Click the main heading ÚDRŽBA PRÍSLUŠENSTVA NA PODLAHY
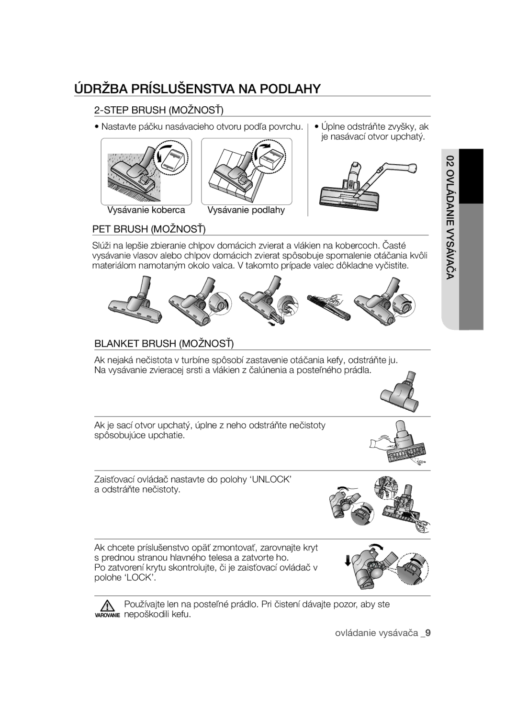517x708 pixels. tap(198, 89)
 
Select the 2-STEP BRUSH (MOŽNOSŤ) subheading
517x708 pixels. tap(158, 110)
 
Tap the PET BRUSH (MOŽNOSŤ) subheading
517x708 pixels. tap(149, 229)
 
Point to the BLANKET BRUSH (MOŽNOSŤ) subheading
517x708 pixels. tap(164, 343)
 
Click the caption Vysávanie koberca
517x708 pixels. tap(146, 210)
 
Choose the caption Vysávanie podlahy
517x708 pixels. tap(246, 210)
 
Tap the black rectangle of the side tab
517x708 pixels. tap(471, 176)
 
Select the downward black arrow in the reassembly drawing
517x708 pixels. tap(348, 561)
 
